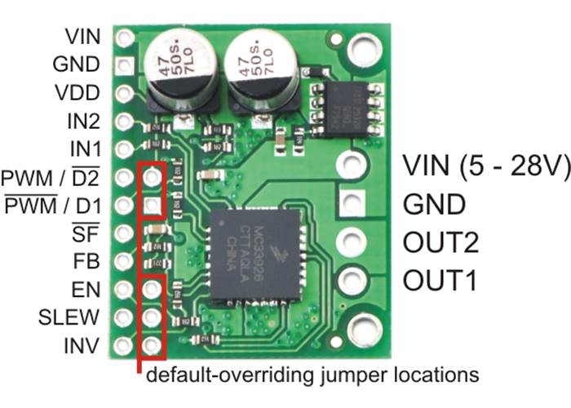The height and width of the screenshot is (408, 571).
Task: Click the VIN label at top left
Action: [x=82, y=36]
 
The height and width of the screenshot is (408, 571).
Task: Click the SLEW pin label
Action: [x=69, y=316]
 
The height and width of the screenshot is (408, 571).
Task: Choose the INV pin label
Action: [x=83, y=345]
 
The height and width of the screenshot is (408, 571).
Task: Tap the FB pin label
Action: [x=88, y=262]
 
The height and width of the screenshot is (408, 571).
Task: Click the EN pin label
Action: [x=87, y=289]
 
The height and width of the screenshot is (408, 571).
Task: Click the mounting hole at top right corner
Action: [x=359, y=50]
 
